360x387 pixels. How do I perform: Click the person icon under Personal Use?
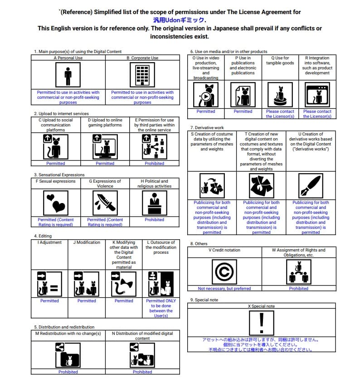pos(68,75)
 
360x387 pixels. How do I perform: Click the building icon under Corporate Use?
pos(142,75)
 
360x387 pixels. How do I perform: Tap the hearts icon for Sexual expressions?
pos(56,203)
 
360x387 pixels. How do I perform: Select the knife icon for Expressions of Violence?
pos(105,203)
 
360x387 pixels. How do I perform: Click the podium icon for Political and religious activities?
pos(154,203)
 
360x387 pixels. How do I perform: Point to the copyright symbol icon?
pos(224,272)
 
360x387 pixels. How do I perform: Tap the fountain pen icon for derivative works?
pos(311,186)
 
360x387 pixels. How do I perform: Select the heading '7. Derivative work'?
pos(207,128)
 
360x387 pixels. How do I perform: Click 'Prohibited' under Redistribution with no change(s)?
pos(68,372)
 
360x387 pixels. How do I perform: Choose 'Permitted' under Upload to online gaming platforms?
pos(105,164)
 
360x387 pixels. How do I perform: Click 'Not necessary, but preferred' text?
pos(224,289)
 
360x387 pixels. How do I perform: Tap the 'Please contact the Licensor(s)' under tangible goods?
pos(280,114)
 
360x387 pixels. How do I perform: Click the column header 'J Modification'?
pos(87,242)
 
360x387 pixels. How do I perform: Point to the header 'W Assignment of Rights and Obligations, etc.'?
pos(298,252)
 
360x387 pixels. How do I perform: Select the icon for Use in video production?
pos(206,95)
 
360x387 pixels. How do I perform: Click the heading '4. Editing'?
pos(42,236)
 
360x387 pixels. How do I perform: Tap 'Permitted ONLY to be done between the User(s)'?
pos(161,308)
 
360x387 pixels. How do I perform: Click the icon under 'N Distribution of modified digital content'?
pos(142,354)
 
